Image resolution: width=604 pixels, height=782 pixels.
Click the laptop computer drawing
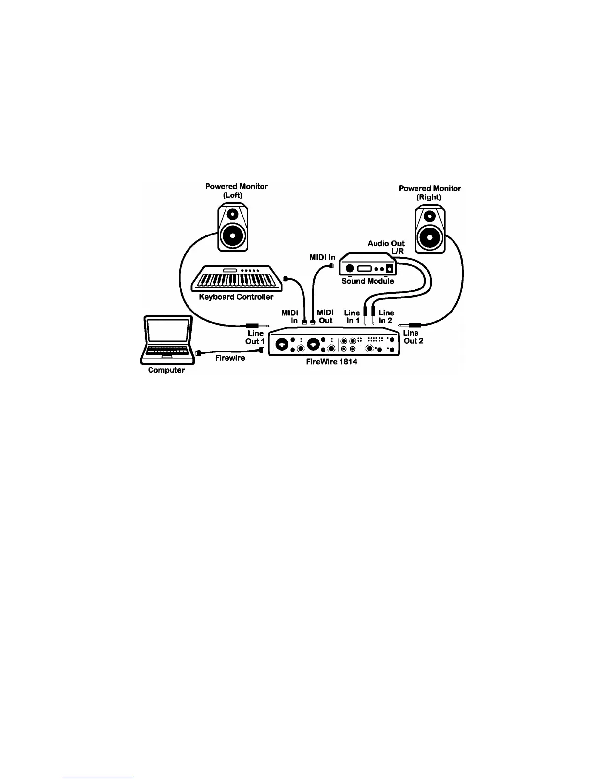click(x=166, y=340)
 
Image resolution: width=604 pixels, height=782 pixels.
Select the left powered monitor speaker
click(x=233, y=228)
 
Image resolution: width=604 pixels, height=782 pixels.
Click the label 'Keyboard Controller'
click(x=236, y=297)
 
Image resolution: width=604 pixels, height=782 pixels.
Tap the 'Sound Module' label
click(x=368, y=281)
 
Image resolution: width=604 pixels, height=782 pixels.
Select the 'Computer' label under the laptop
click(x=166, y=370)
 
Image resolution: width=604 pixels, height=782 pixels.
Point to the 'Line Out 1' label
click(x=255, y=337)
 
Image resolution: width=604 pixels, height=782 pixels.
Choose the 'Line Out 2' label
click(x=413, y=337)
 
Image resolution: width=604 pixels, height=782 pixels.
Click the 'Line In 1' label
click(x=352, y=316)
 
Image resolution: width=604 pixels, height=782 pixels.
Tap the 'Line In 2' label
click(x=386, y=316)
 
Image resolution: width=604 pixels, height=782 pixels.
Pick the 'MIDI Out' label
click(x=325, y=316)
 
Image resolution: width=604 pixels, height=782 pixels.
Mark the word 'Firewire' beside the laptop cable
click(x=230, y=358)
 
